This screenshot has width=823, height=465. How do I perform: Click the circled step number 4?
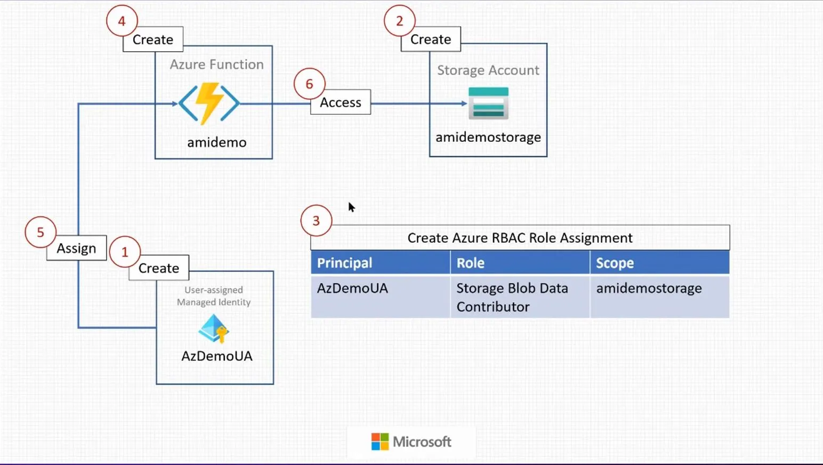122,21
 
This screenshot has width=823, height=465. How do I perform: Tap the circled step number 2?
399,21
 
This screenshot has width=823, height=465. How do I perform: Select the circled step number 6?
309,84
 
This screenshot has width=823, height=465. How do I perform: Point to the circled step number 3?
316,221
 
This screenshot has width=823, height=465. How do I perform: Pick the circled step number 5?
41,232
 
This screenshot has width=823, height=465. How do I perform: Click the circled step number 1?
125,252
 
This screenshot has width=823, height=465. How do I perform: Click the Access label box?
341,102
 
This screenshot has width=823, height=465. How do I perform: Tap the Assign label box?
77,248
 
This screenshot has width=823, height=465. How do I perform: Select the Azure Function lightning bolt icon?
209,103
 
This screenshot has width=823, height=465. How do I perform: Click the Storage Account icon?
488,103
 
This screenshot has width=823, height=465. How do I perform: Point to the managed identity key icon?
214,328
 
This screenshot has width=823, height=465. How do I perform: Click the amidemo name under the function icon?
217,142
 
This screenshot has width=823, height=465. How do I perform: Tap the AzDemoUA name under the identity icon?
217,356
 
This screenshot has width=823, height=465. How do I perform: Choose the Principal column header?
345,263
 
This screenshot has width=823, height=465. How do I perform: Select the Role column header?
471,263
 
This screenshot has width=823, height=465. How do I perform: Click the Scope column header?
615,263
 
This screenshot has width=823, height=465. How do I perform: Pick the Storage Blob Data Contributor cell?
512,297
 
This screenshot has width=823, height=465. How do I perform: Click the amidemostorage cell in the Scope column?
649,288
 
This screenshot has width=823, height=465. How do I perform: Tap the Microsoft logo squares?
380,442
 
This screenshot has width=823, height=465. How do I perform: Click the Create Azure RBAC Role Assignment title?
520,238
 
